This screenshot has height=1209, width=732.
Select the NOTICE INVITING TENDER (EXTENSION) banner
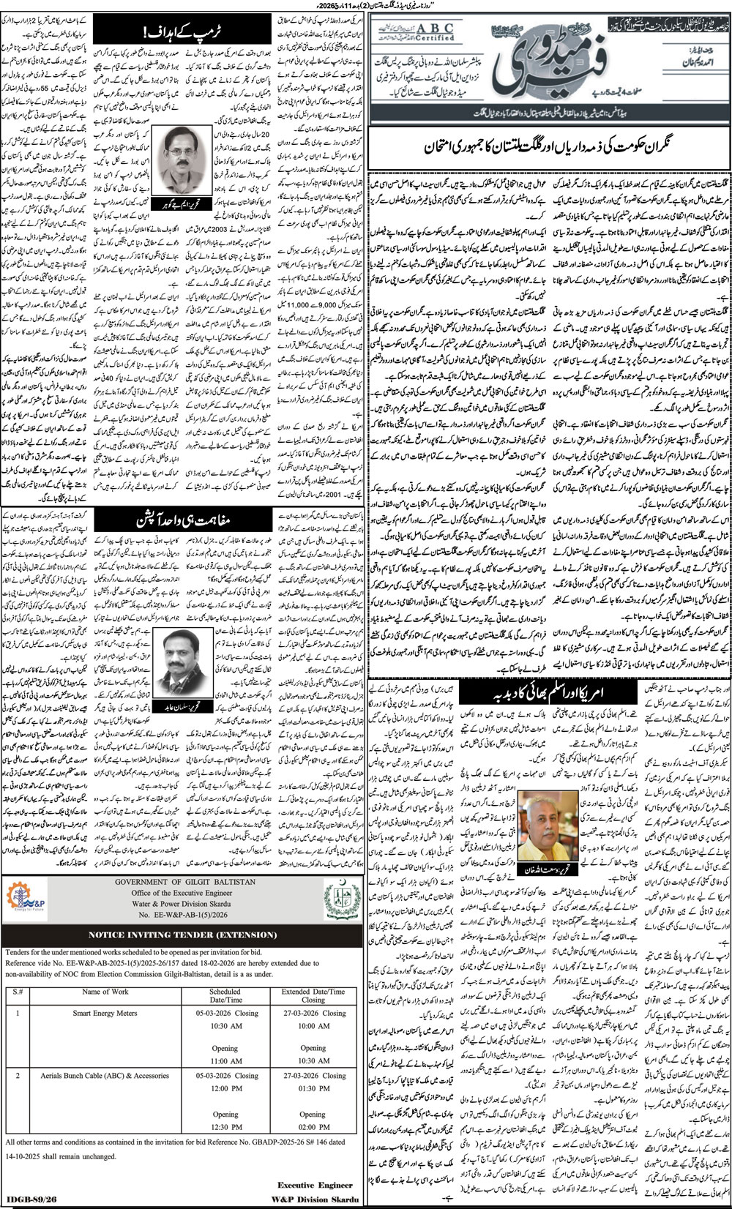(x=182, y=935)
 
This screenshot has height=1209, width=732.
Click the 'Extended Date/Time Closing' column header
(x=313, y=995)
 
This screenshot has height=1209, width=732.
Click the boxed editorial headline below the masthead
(x=548, y=147)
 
